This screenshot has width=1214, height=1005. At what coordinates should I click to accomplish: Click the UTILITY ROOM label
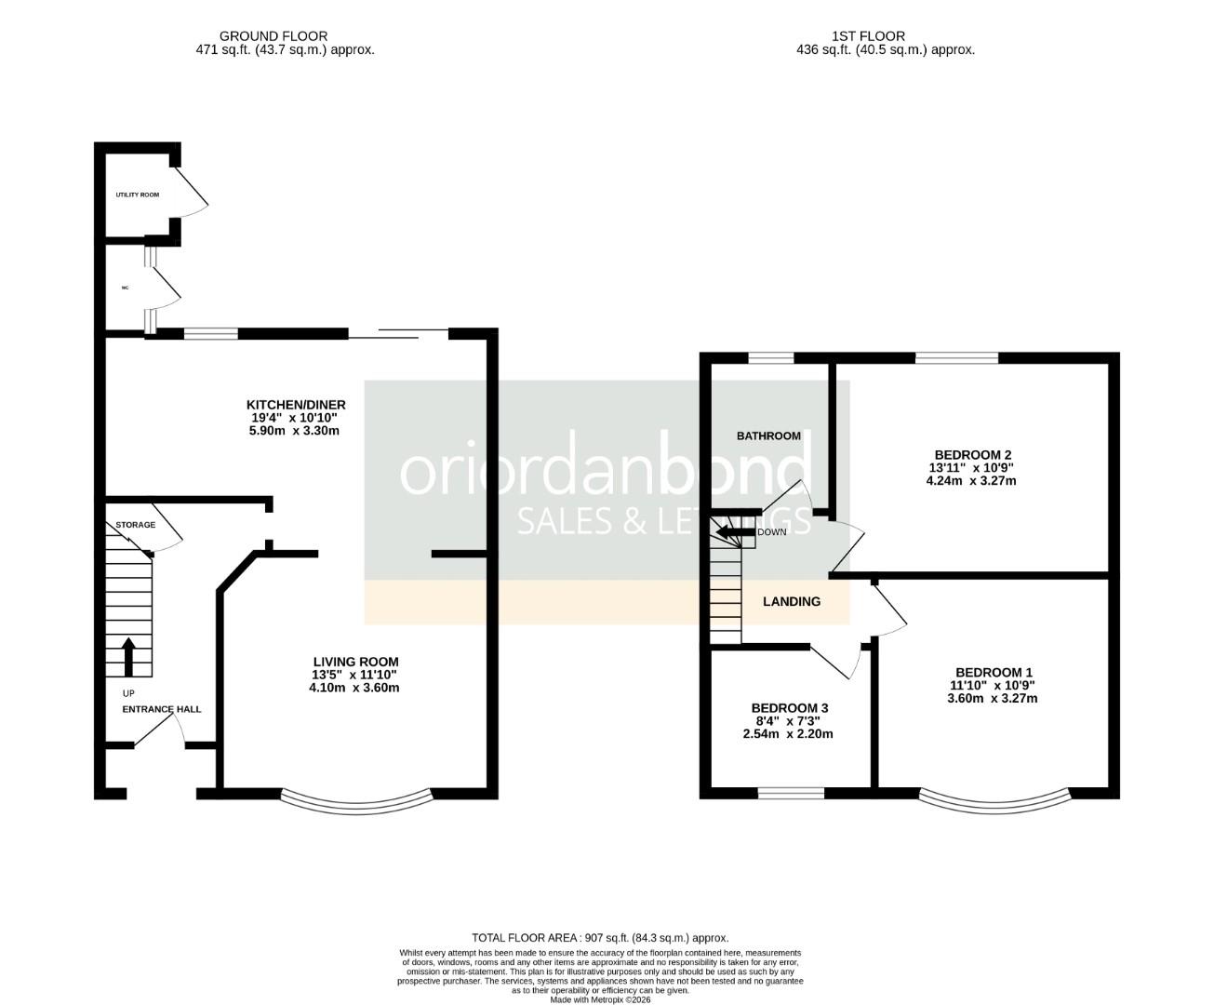137,194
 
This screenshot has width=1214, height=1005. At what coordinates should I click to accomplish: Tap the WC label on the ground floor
125,288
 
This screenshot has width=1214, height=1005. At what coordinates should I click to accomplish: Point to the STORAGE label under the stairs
135,525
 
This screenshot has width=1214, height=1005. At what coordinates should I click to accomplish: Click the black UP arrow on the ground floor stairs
128,655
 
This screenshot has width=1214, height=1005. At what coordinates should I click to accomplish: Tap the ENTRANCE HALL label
162,709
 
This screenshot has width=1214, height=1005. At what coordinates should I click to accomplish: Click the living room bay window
357,798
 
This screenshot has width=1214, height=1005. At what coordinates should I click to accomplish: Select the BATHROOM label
768,435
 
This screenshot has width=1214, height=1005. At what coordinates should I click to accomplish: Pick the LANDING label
792,601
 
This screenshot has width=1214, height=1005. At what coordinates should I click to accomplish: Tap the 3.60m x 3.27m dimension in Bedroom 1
993,698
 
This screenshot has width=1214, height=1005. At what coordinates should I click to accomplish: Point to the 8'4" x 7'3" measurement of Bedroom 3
789,720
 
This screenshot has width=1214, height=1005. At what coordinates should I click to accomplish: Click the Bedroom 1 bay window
994,798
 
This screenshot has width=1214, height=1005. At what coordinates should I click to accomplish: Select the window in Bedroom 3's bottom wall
791,793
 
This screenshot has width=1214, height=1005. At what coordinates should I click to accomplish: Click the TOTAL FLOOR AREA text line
600,938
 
